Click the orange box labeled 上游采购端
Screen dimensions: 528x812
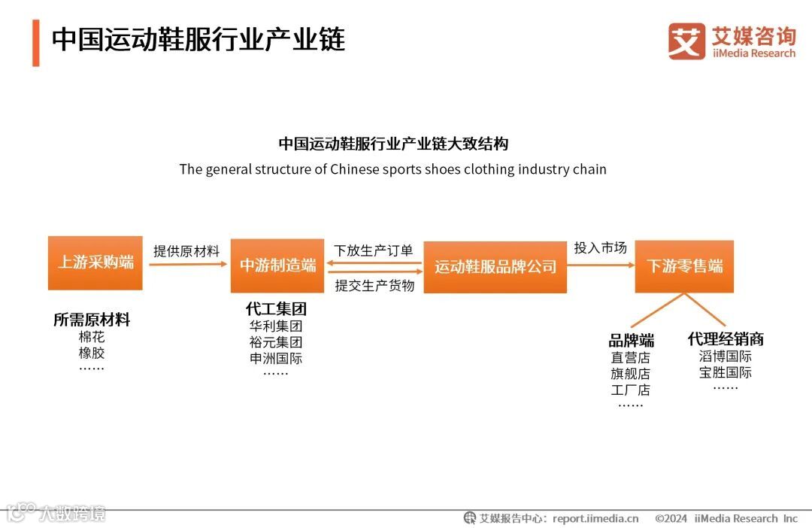(95, 262)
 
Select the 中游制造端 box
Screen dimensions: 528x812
(277, 265)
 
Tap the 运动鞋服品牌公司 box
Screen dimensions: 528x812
(495, 267)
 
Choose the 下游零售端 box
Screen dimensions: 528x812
(684, 266)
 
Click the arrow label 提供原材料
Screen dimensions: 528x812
(186, 251)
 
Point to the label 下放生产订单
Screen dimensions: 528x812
(374, 250)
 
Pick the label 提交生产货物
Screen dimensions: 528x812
(374, 285)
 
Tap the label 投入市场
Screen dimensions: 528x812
(600, 247)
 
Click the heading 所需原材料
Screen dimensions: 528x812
(92, 320)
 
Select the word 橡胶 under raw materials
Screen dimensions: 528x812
(92, 353)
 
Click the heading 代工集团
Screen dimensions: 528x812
(276, 309)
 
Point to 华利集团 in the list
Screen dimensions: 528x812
(276, 326)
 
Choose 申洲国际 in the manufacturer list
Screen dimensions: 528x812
(276, 358)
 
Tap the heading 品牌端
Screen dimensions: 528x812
(631, 341)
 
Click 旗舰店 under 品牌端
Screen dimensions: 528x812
(631, 374)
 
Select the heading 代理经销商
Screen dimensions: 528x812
(726, 339)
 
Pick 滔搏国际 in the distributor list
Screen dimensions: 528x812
(726, 356)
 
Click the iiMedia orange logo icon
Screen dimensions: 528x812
(686, 41)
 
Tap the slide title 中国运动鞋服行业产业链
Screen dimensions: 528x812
(198, 40)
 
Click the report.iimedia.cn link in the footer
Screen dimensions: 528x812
(595, 518)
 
